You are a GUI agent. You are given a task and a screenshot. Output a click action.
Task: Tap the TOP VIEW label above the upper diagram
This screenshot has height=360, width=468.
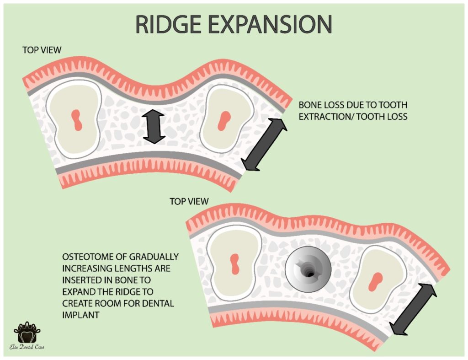coord(42,50)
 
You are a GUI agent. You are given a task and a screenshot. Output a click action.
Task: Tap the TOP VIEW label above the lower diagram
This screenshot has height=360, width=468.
coord(189,201)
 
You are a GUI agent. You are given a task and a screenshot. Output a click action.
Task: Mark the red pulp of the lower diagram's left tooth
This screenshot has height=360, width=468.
coord(235,264)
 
